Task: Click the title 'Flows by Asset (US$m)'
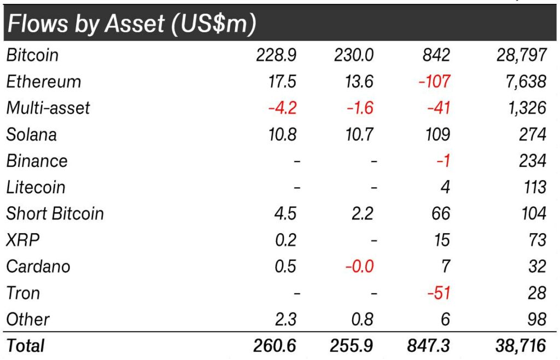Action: click(x=132, y=24)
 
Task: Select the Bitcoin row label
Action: click(x=32, y=55)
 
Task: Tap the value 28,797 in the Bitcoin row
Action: click(x=521, y=55)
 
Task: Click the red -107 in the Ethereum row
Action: click(x=434, y=82)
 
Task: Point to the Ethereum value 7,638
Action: click(x=526, y=82)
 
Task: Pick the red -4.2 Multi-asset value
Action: click(x=283, y=108)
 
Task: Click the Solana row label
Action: click(x=31, y=135)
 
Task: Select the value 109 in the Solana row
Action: click(x=437, y=135)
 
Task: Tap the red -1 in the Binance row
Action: click(x=443, y=161)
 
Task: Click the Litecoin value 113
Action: click(x=535, y=187)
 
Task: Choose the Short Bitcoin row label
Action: click(x=55, y=213)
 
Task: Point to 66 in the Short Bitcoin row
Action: click(x=441, y=213)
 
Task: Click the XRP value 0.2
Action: click(x=285, y=240)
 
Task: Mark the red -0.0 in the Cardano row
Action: click(x=359, y=266)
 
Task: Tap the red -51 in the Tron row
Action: click(x=439, y=293)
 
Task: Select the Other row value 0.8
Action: click(x=363, y=320)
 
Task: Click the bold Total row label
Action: click(x=25, y=346)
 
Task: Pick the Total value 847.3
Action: click(x=428, y=346)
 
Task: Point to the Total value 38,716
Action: click(x=521, y=346)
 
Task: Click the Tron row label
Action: click(x=23, y=293)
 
